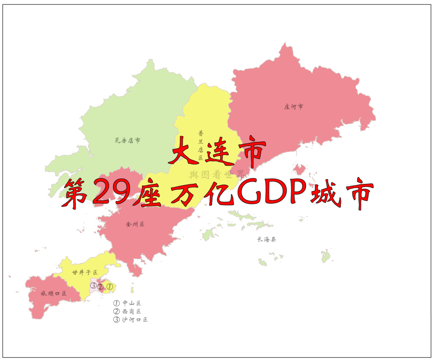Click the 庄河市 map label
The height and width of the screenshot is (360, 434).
[293, 107]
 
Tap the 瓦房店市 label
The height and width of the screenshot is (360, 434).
[127, 140]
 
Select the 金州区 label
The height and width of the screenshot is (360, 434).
[136, 224]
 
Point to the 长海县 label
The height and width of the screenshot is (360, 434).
[266, 239]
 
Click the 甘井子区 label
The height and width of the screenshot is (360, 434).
[85, 272]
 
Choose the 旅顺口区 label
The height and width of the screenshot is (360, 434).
[53, 294]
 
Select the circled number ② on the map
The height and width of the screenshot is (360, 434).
[101, 286]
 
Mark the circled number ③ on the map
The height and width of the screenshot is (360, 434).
[93, 285]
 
